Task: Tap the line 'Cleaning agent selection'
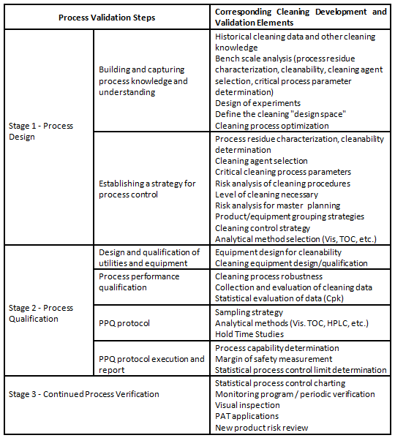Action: pyautogui.click(x=261, y=161)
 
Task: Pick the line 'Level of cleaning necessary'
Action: pyautogui.click(x=267, y=194)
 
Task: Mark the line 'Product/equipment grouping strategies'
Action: pyautogui.click(x=290, y=216)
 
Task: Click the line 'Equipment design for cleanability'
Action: pyautogui.click(x=279, y=252)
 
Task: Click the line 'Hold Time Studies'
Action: pyautogui.click(x=252, y=334)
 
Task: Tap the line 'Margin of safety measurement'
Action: pyautogui.click(x=274, y=358)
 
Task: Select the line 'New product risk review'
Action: pyautogui.click(x=262, y=428)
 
